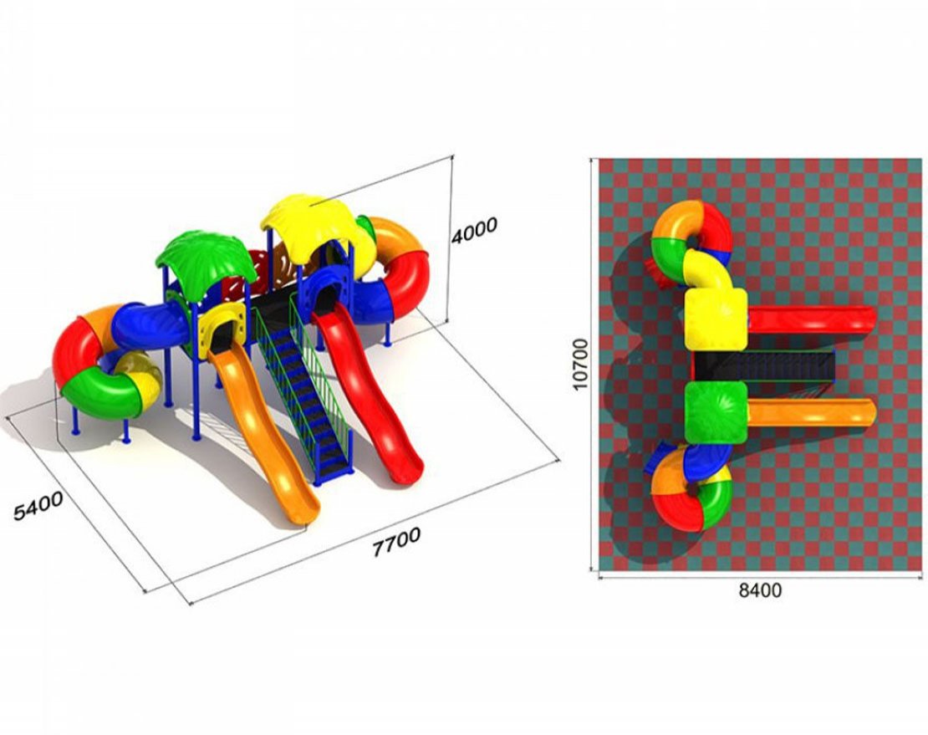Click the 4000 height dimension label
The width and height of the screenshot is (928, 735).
[474, 230]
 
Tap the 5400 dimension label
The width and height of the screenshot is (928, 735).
[38, 506]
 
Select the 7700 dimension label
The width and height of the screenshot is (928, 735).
[396, 542]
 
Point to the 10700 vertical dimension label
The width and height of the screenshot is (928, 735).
[580, 364]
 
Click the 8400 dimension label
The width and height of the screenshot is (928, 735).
[760, 590]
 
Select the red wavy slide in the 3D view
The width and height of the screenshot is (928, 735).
[367, 390]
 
